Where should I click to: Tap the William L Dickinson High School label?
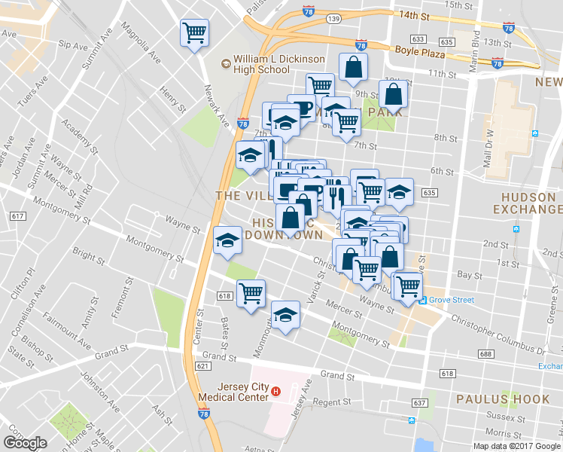(261, 64)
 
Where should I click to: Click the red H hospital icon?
(275, 392)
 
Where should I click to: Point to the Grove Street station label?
(452, 300)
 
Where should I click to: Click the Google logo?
(25, 442)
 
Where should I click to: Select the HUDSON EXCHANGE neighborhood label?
(526, 202)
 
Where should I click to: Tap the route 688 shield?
(485, 354)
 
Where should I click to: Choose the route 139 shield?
(334, 17)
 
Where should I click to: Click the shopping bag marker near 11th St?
(352, 68)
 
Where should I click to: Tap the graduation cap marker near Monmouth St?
(285, 314)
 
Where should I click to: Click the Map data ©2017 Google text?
(516, 446)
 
